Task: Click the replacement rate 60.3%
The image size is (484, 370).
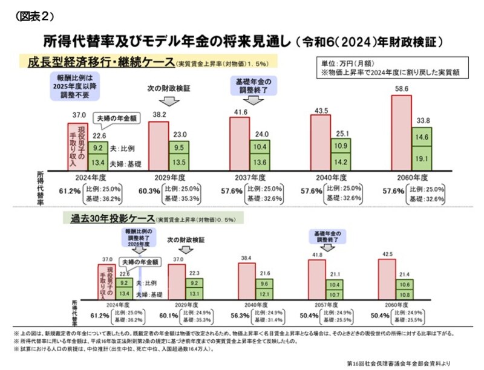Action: (150, 191)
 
